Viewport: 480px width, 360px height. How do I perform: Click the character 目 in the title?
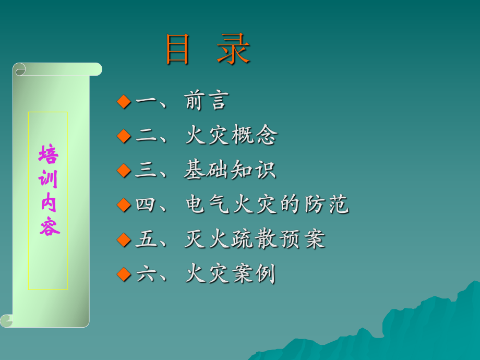click(x=177, y=50)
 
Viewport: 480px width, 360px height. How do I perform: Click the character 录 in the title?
click(x=234, y=50)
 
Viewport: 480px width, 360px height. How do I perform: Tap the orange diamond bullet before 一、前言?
click(x=123, y=102)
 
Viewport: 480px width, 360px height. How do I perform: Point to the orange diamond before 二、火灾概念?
click(x=123, y=136)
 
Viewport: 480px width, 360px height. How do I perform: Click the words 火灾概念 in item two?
click(x=231, y=136)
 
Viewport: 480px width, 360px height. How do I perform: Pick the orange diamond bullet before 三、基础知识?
click(x=123, y=171)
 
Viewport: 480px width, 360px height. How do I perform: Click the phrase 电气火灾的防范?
click(x=267, y=205)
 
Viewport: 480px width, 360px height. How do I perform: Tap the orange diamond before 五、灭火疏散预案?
click(x=123, y=239)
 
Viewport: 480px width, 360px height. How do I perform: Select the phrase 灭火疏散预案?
click(x=255, y=239)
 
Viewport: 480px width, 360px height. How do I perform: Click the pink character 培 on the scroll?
click(x=49, y=155)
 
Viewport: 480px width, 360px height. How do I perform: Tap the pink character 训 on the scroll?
click(x=49, y=179)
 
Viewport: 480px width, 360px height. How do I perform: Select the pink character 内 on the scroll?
click(x=49, y=203)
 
